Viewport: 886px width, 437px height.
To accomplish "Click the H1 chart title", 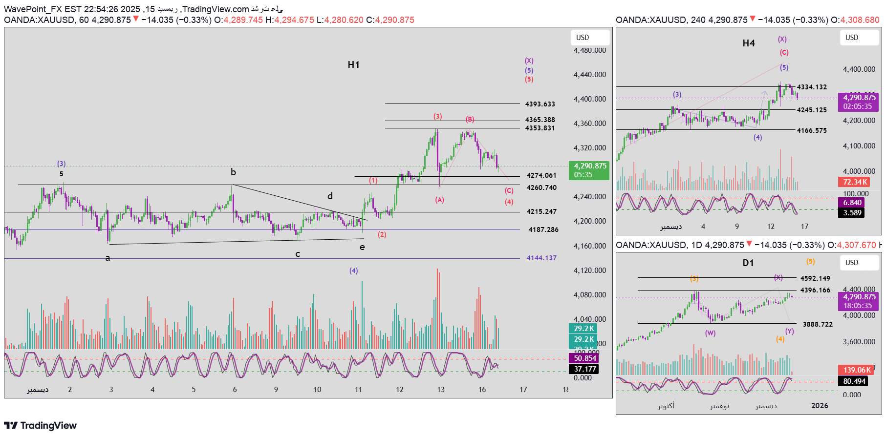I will pos(353,64).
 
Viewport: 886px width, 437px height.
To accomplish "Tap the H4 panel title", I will pos(748,43).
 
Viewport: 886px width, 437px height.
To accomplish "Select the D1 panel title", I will pos(748,263).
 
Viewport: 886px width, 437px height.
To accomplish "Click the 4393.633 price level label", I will pos(540,104).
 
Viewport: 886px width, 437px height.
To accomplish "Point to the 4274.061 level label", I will pos(541,175).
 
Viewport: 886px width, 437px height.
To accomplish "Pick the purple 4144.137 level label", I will pos(541,258).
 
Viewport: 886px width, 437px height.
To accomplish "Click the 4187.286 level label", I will pos(543,229).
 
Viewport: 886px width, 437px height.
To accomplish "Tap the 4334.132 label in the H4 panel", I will pos(812,87).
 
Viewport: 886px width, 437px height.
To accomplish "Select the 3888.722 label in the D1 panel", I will pos(818,324).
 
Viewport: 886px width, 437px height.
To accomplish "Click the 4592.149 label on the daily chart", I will pos(815,278).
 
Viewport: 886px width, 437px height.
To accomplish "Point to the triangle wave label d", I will pos(330,196).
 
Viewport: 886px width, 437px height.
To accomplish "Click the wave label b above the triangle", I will pos(233,172).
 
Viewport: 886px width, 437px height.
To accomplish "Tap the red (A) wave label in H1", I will pos(439,200).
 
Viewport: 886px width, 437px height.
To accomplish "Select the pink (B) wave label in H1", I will pos(470,119).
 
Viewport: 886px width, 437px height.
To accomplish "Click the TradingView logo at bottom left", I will pos(41,425).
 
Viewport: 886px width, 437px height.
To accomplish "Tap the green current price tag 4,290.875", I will pos(589,170).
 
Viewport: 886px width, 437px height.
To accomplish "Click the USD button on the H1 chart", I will pos(589,38).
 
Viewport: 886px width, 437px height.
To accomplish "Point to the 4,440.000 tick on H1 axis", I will pos(589,75).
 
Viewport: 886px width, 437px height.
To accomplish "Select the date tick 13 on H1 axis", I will pos(441,390).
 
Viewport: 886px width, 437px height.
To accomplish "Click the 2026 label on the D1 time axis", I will pos(820,406).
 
